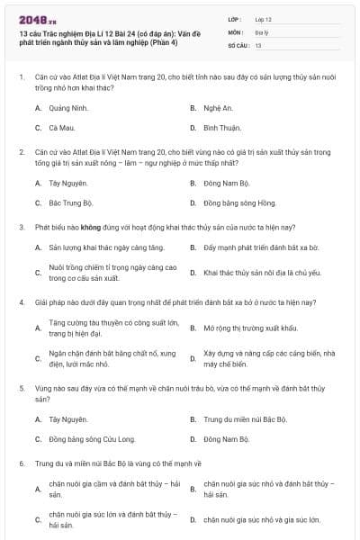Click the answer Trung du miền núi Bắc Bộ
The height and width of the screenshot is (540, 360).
(x=245, y=418)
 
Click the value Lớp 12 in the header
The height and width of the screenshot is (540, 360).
(x=263, y=18)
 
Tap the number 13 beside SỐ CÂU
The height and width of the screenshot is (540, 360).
(x=258, y=44)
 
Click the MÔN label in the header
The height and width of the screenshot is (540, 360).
(x=236, y=31)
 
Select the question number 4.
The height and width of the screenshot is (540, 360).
(x=21, y=303)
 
